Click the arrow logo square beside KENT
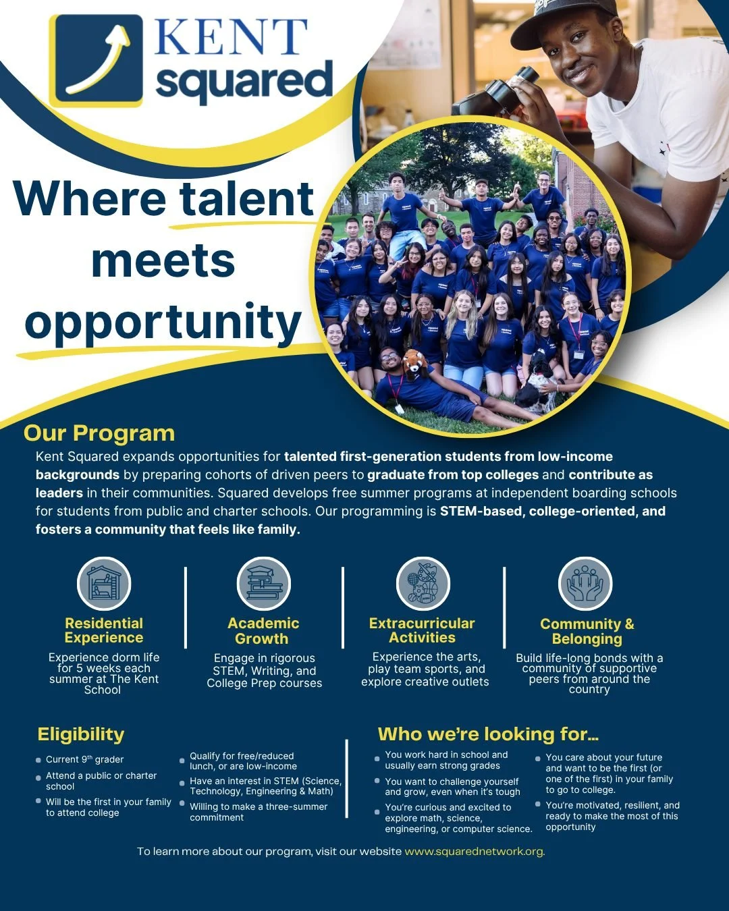point(96,61)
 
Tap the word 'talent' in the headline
point(247,199)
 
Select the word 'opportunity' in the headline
point(163,323)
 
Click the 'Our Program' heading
point(99,433)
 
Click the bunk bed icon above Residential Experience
point(104,584)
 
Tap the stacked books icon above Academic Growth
point(264,584)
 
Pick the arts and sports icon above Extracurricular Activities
point(423,584)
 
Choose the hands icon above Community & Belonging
point(585,584)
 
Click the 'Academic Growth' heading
point(263,631)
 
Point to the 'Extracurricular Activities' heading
point(422,630)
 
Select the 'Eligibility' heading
point(81,734)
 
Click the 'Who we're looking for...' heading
point(488,734)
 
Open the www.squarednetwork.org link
point(475,852)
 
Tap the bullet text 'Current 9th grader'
point(85,760)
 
